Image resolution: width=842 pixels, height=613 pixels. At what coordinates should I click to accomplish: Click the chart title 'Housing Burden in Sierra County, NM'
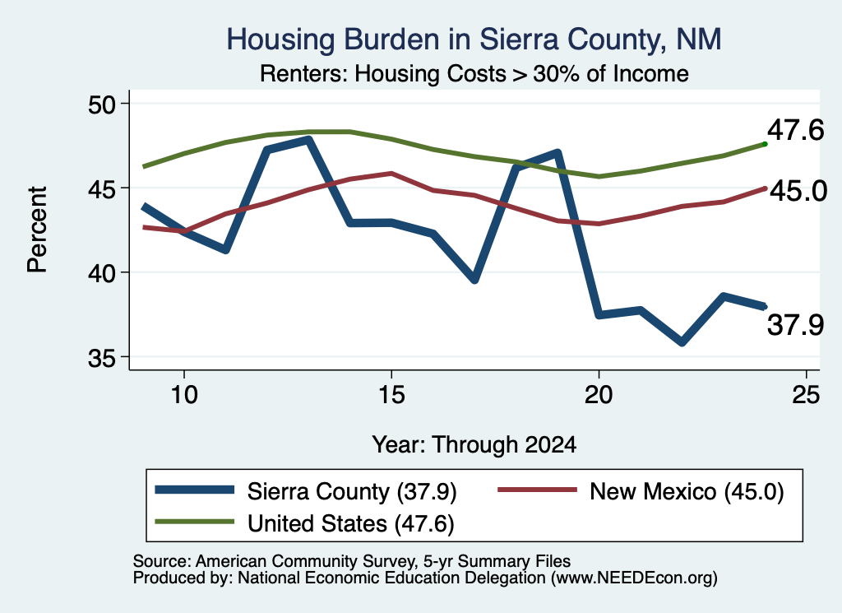click(x=474, y=39)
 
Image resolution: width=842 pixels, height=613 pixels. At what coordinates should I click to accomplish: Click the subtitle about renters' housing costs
click(x=474, y=73)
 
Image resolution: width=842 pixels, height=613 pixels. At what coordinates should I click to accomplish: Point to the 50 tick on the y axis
click(x=102, y=104)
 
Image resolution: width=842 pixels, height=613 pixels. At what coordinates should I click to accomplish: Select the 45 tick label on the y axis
click(x=102, y=188)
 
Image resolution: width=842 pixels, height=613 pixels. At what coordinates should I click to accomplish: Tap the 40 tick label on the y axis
click(x=102, y=273)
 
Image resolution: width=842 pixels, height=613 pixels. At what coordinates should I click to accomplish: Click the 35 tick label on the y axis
click(x=102, y=357)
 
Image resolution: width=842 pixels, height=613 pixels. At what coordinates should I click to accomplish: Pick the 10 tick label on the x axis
click(x=184, y=395)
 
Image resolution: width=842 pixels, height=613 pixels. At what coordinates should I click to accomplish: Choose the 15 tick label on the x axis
click(x=391, y=395)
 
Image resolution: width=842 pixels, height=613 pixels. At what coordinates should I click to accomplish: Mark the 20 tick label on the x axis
click(x=599, y=395)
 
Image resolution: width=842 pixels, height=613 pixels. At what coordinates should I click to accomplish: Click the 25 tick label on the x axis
click(x=806, y=395)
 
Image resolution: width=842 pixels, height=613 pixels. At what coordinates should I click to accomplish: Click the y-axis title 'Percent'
click(x=38, y=230)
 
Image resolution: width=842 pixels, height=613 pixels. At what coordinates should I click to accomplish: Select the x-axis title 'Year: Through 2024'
click(x=474, y=445)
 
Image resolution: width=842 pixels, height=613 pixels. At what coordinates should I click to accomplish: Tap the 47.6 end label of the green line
click(x=795, y=130)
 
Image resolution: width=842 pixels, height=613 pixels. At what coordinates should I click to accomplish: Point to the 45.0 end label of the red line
click(x=798, y=191)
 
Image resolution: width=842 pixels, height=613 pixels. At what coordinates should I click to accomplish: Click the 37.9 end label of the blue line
click(x=795, y=325)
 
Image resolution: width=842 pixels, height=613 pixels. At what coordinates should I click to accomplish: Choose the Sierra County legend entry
click(x=306, y=491)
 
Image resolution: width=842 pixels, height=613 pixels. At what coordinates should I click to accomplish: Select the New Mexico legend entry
click(x=641, y=491)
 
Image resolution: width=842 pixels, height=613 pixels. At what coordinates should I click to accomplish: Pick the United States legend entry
click(x=304, y=523)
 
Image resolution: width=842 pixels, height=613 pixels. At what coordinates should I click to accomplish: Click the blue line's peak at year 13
click(x=308, y=140)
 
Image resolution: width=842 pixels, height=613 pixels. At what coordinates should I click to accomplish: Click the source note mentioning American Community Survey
click(x=352, y=561)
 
